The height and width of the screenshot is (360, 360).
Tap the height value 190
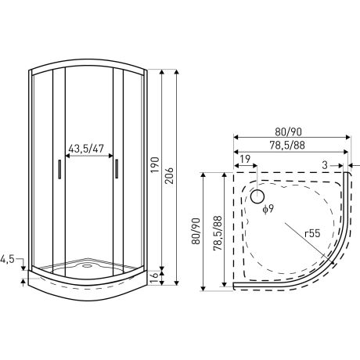click(x=155, y=165)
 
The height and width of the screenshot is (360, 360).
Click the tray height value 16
click(x=155, y=275)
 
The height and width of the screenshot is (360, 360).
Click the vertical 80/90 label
click(x=196, y=232)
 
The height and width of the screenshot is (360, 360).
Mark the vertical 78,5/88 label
click(x=215, y=232)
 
